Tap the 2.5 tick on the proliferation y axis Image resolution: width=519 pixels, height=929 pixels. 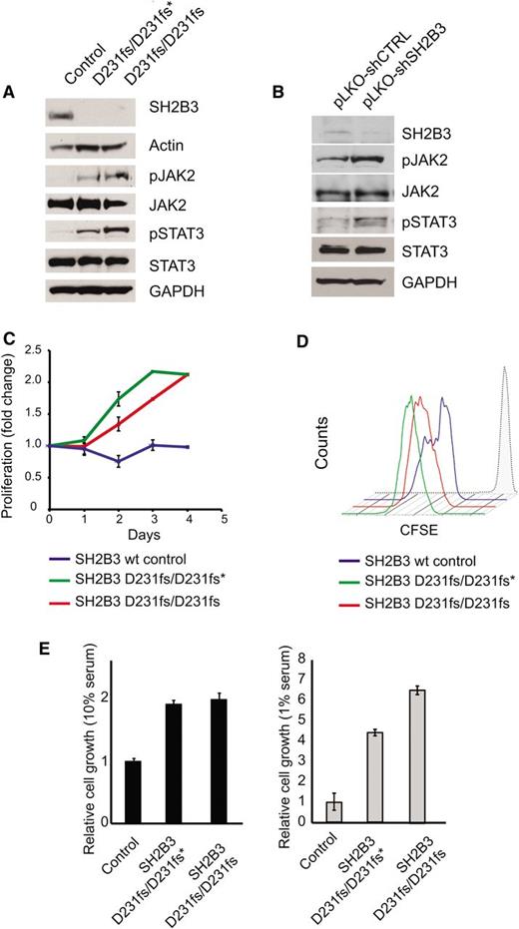[x=37, y=349]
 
